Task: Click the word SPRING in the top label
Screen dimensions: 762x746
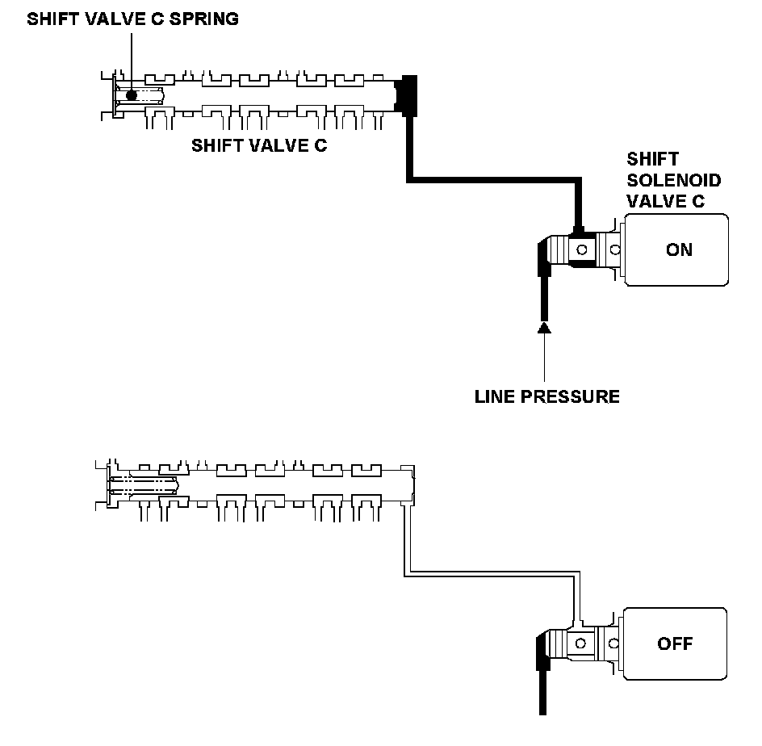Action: (203, 19)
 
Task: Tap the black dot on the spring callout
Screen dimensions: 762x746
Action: (132, 95)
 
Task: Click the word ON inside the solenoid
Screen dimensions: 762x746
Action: (679, 249)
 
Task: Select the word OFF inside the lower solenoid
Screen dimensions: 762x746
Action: (675, 644)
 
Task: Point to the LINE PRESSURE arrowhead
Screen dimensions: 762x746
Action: (544, 328)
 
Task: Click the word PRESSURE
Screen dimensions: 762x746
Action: (570, 396)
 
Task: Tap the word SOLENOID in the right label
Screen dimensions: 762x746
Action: (673, 180)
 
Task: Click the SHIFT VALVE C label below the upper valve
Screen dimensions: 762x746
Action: (259, 145)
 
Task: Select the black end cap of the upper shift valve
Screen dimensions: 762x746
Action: (406, 95)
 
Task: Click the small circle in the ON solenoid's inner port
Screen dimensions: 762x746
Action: (582, 249)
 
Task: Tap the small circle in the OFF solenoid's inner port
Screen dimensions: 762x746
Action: (580, 643)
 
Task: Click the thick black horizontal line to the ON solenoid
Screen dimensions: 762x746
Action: (494, 180)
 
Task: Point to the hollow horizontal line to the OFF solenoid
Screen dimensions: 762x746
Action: (492, 574)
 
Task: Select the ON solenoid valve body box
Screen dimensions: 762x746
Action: (676, 249)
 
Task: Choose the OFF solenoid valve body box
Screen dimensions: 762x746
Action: (675, 643)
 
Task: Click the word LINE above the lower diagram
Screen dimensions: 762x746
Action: (495, 396)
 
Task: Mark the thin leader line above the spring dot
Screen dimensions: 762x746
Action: (132, 61)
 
